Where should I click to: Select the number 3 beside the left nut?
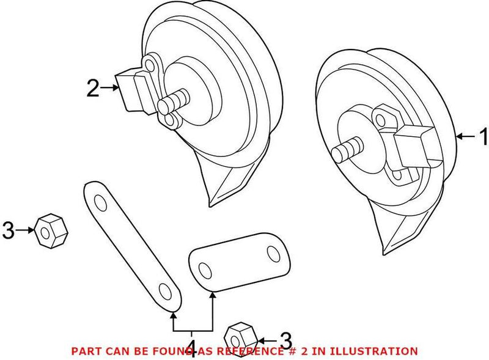tap(8, 230)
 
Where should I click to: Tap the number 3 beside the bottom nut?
tap(285, 340)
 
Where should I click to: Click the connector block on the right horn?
tap(413, 146)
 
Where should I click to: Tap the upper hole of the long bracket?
tap(97, 199)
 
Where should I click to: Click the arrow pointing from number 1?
tap(465, 137)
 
